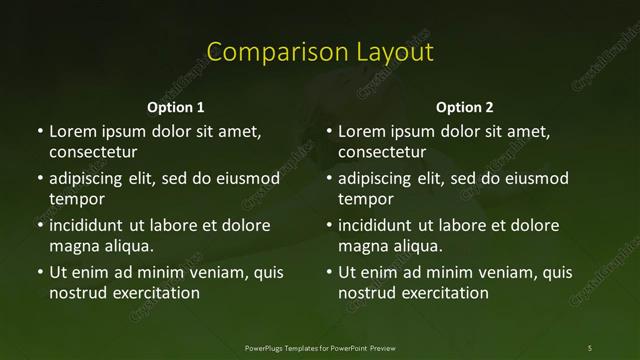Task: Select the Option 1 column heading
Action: pyautogui.click(x=176, y=107)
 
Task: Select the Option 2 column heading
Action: pyautogui.click(x=465, y=107)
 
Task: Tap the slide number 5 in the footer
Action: pyautogui.click(x=590, y=347)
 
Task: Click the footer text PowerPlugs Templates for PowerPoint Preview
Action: pyautogui.click(x=320, y=347)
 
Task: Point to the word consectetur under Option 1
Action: pyautogui.click(x=93, y=152)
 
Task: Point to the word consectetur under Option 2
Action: pyautogui.click(x=382, y=152)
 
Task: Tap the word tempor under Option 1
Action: pyautogui.click(x=73, y=198)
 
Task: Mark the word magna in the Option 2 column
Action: pyautogui.click(x=361, y=245)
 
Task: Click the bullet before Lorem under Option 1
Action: pyautogui.click(x=40, y=132)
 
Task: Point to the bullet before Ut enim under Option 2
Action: pyautogui.click(x=329, y=272)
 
